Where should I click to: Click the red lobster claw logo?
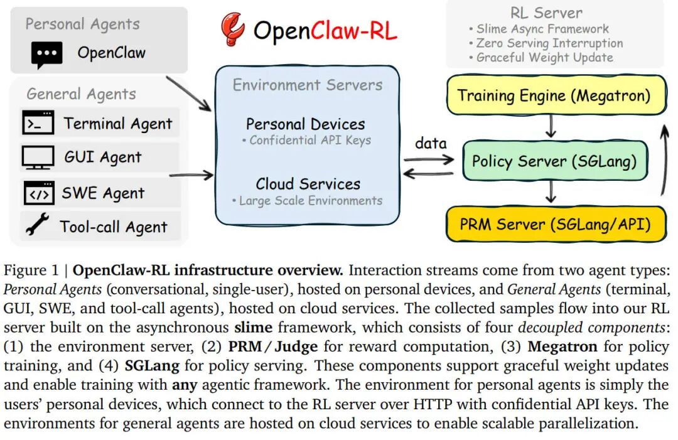pyautogui.click(x=232, y=30)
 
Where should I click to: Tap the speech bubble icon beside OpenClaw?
pyautogui.click(x=46, y=55)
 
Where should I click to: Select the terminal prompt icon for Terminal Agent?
pyautogui.click(x=38, y=123)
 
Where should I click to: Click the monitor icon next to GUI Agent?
pyautogui.click(x=38, y=157)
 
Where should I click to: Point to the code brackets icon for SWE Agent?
pyautogui.click(x=38, y=193)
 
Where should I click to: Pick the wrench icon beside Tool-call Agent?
pyautogui.click(x=37, y=226)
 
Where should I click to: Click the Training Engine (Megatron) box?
pyautogui.click(x=554, y=96)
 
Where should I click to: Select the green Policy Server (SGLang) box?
pyautogui.click(x=554, y=161)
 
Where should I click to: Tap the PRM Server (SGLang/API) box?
pyautogui.click(x=554, y=225)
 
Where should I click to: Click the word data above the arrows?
pyautogui.click(x=431, y=143)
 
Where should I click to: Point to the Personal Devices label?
pyautogui.click(x=305, y=124)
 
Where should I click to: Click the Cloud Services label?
pyautogui.click(x=308, y=184)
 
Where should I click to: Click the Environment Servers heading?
pyautogui.click(x=308, y=85)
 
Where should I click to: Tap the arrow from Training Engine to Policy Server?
pyautogui.click(x=551, y=127)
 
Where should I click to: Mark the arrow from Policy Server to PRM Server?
pyautogui.click(x=551, y=191)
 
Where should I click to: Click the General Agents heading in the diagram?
pyautogui.click(x=81, y=94)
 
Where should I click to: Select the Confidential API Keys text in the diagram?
pyautogui.click(x=309, y=140)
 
